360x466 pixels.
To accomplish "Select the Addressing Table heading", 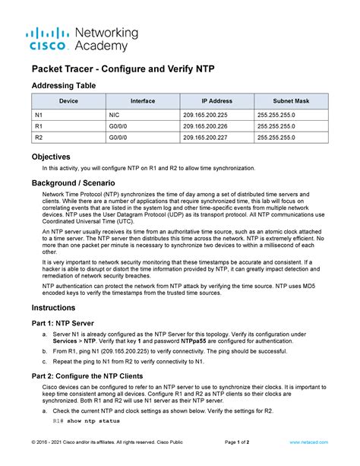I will tap(63, 86).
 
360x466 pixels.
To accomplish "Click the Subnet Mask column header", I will tap(291, 100).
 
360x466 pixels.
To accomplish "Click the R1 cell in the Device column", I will tap(39, 125).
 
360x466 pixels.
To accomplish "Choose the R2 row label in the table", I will tap(39, 138).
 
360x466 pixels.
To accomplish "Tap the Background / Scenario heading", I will tap(73, 183).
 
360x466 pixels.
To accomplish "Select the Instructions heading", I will tap(53, 308).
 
